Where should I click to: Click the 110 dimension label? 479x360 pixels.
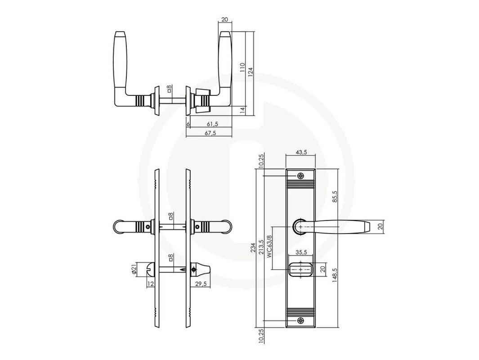242,67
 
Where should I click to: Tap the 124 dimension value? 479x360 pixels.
251,72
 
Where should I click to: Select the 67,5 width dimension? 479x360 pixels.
210,133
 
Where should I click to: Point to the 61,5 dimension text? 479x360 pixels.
212,124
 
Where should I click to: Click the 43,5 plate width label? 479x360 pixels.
301,153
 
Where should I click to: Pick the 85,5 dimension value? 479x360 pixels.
335,197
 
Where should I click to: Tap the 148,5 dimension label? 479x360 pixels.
335,275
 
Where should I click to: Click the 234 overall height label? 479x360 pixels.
253,248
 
